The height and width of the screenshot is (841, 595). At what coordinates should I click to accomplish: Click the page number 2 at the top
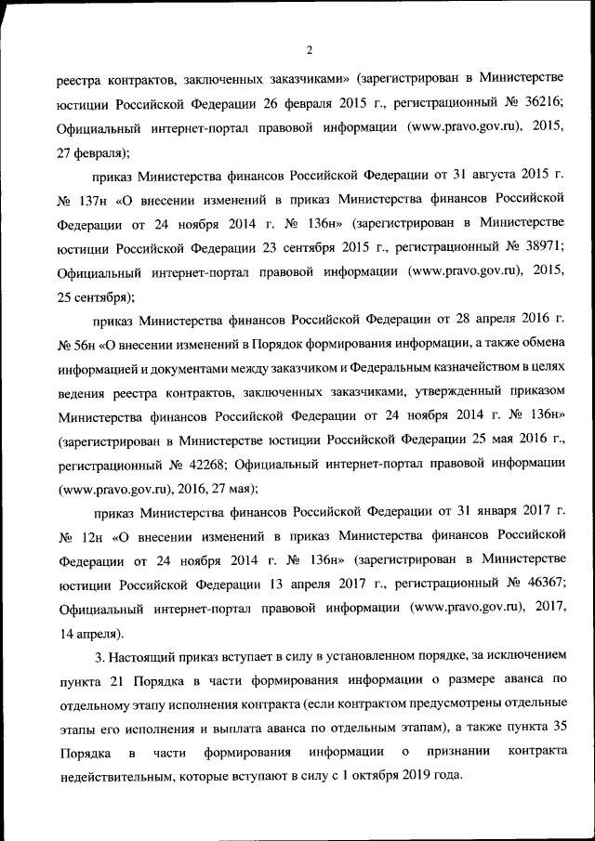tap(308, 50)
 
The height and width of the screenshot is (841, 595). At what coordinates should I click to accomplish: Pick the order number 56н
tap(72, 343)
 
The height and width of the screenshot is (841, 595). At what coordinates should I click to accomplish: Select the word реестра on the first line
tap(77, 78)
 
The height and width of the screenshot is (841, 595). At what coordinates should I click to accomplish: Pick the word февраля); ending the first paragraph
tap(93, 151)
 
